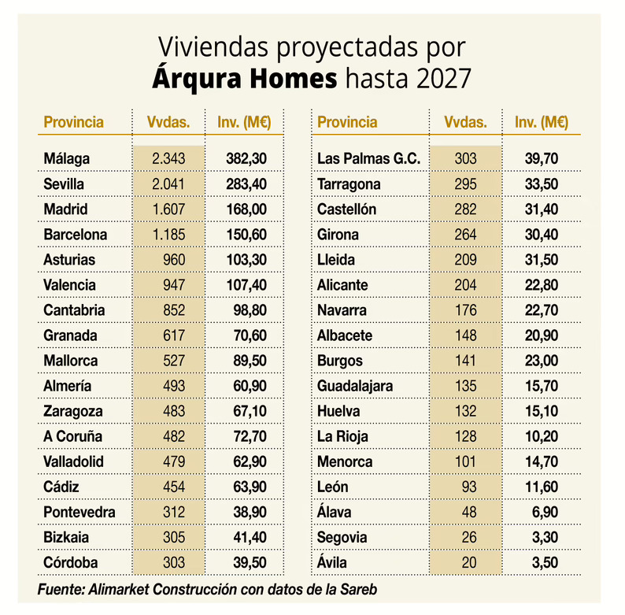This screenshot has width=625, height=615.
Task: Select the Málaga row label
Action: pyautogui.click(x=67, y=158)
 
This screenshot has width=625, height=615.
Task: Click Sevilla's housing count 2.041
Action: pyautogui.click(x=168, y=183)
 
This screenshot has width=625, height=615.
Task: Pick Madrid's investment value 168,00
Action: pyautogui.click(x=246, y=209)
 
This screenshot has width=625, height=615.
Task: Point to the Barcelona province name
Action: pyautogui.click(x=76, y=234)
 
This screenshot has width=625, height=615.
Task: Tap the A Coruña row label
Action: pyautogui.click(x=73, y=435)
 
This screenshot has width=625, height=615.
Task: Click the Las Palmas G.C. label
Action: pyautogui.click(x=368, y=158)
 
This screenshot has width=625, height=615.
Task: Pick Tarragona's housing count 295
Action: pyautogui.click(x=465, y=183)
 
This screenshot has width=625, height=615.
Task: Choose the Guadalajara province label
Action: pyautogui.click(x=355, y=386)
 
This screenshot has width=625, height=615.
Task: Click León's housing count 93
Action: pyautogui.click(x=469, y=486)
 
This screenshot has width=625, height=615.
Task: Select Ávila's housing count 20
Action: pyautogui.click(x=469, y=562)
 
